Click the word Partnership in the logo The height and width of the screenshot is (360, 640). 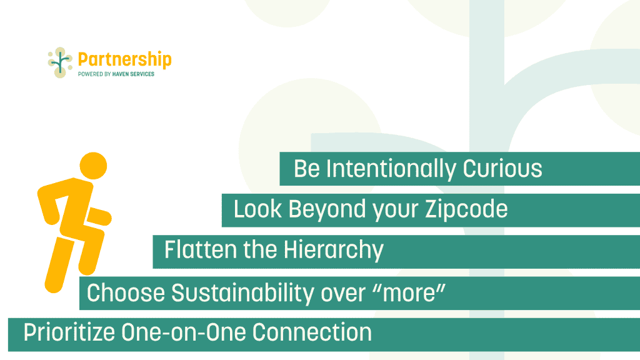click(x=124, y=60)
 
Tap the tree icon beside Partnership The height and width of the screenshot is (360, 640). click(x=61, y=62)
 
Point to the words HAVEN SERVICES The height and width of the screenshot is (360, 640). click(x=133, y=74)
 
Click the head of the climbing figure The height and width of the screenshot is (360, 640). click(x=93, y=166)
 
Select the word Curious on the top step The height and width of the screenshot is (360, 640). click(x=502, y=169)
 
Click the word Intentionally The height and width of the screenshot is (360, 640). click(x=391, y=169)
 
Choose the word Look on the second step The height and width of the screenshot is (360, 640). click(x=257, y=209)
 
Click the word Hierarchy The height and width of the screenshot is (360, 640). click(x=334, y=250)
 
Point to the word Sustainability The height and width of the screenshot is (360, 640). click(x=242, y=293)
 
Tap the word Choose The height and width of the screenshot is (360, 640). click(x=126, y=292)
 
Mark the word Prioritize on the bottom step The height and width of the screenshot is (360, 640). click(x=69, y=332)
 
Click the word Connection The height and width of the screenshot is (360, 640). click(x=312, y=332)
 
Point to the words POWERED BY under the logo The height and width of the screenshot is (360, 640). click(x=94, y=74)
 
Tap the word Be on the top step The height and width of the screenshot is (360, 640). click(x=306, y=169)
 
